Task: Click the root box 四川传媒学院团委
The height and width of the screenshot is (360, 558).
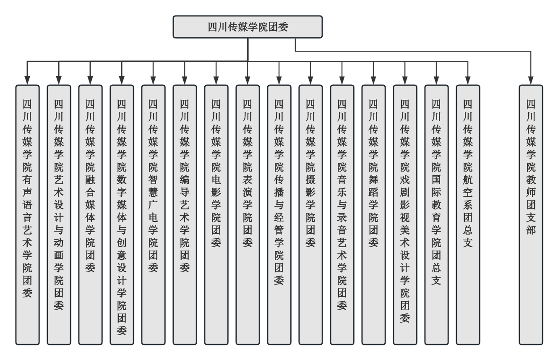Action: [x=248, y=26]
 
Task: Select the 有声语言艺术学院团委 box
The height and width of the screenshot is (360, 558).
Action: [x=27, y=214]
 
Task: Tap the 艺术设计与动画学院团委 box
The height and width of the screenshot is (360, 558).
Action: [x=59, y=214]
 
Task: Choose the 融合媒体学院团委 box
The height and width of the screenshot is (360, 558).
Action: [x=90, y=214]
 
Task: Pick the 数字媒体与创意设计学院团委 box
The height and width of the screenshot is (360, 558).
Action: [x=122, y=214]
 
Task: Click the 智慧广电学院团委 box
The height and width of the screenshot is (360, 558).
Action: [x=153, y=214]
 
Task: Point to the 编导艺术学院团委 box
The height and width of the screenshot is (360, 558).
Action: [x=185, y=214]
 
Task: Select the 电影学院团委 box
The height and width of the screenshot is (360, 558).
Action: [x=216, y=214]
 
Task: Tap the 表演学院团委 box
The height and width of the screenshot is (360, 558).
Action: [x=248, y=214]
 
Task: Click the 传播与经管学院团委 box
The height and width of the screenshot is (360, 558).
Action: [x=279, y=214]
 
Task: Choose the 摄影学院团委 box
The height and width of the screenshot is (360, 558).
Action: [x=310, y=214]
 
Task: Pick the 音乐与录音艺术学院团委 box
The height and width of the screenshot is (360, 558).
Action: [x=342, y=214]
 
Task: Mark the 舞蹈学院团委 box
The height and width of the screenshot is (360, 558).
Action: [x=373, y=214]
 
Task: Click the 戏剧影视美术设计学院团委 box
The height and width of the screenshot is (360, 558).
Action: [x=405, y=214]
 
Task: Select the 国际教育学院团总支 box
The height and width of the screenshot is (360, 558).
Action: [x=436, y=214]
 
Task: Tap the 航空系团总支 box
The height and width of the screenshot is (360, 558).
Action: [x=468, y=214]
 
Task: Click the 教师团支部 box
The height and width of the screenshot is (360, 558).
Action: [x=531, y=214]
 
